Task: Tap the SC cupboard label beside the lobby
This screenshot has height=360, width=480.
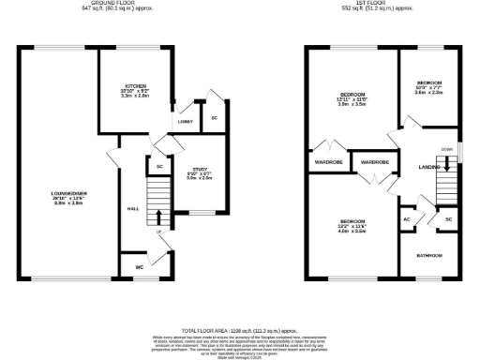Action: pyautogui.click(x=214, y=118)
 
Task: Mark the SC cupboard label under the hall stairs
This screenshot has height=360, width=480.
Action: pyautogui.click(x=159, y=167)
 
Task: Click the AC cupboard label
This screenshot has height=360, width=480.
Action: pyautogui.click(x=406, y=219)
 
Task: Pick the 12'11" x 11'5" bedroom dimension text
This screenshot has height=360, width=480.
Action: pyautogui.click(x=352, y=101)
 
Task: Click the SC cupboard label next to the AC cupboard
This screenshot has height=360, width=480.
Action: pyautogui.click(x=448, y=219)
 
